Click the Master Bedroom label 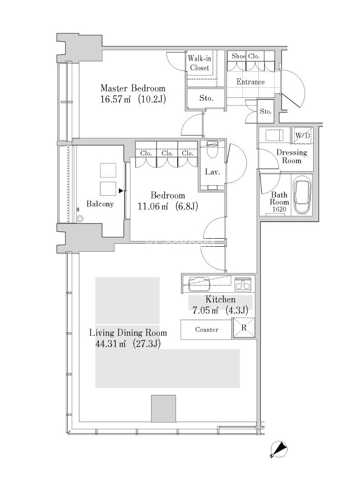tap(133, 89)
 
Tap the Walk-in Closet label tap(200, 63)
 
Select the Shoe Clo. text tap(246, 56)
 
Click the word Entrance tap(250, 82)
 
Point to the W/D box tap(303, 135)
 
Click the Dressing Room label tap(292, 156)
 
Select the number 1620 tap(279, 209)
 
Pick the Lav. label tap(212, 172)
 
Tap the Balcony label tap(100, 204)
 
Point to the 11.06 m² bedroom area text tap(153, 206)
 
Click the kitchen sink tap(199, 284)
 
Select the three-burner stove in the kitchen tap(243, 284)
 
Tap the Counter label tap(207, 330)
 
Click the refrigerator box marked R tap(244, 328)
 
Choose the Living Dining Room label tap(128, 333)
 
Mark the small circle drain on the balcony tap(80, 219)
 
